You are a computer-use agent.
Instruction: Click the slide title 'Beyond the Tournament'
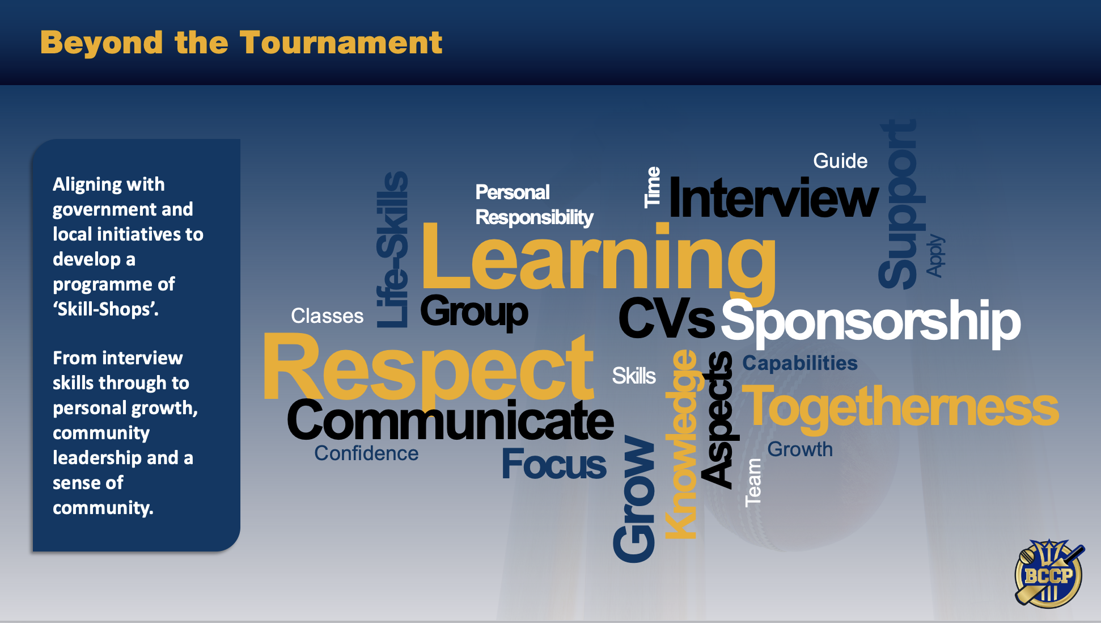point(241,43)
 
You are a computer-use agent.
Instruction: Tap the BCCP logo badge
point(1049,574)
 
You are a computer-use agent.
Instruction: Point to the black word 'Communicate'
point(450,420)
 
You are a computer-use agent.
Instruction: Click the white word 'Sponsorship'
point(871,322)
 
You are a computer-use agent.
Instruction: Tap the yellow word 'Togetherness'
point(900,406)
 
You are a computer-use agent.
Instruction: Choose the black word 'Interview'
point(774,198)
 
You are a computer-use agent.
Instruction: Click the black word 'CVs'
point(667,318)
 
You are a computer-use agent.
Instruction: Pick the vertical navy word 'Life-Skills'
point(392,250)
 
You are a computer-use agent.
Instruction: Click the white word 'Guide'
point(840,161)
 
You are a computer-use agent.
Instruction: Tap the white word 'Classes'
point(327,316)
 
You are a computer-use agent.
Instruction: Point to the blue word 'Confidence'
point(366,453)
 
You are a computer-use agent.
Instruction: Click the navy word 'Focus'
point(554,465)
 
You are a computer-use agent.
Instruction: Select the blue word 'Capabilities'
point(800,363)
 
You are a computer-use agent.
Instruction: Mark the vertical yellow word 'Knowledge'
point(681,444)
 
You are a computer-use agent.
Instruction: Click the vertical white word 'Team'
point(753,482)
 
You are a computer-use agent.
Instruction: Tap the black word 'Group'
point(474,312)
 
